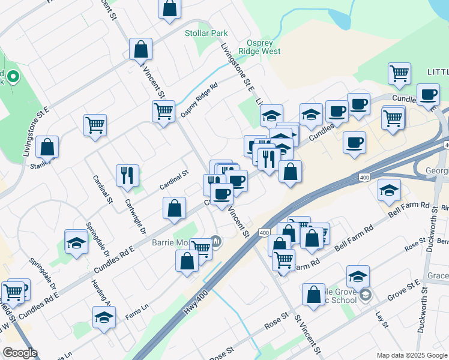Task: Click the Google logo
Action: tap(20, 353)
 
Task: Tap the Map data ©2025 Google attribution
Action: tap(411, 355)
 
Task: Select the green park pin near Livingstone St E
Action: tap(12, 77)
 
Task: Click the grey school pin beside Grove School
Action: tap(366, 295)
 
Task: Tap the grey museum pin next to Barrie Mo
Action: tap(216, 242)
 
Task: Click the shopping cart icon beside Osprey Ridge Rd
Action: tap(163, 111)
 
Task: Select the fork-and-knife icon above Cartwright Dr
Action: tap(127, 175)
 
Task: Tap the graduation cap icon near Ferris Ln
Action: tap(104, 317)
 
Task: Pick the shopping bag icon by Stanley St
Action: tap(47, 147)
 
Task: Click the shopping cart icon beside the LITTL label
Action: tap(399, 74)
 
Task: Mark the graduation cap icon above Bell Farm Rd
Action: tap(389, 191)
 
